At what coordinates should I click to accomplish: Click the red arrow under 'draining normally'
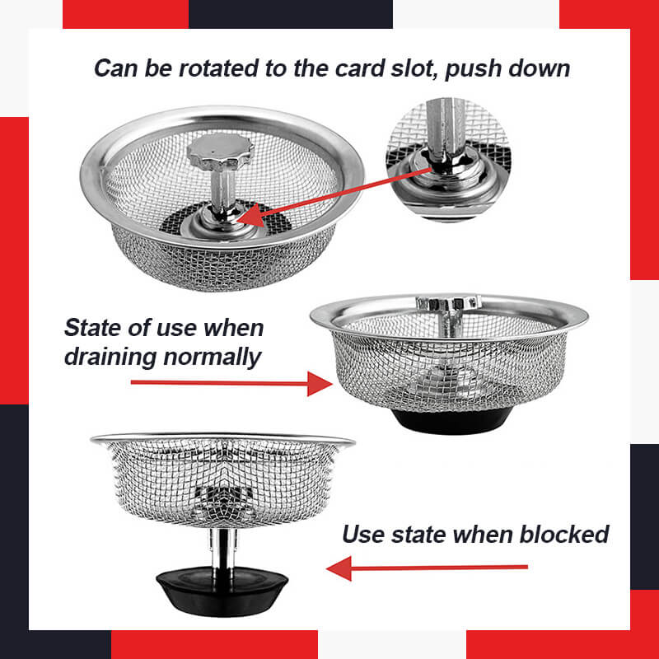(x=231, y=383)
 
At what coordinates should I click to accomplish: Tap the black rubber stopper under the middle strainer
(x=449, y=420)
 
